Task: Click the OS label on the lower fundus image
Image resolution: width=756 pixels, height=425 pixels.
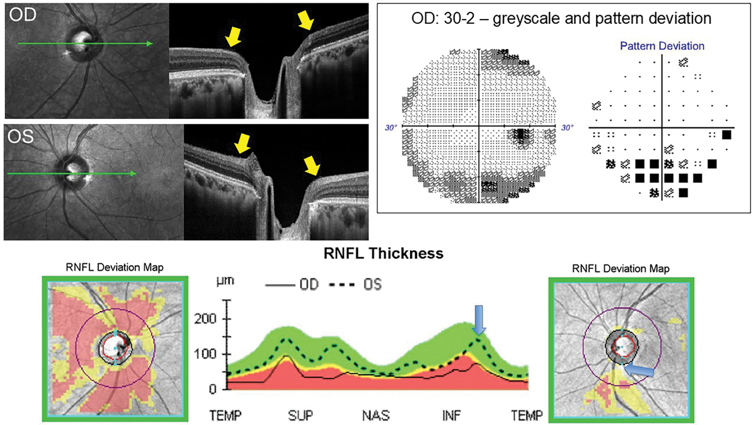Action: [x=20, y=136]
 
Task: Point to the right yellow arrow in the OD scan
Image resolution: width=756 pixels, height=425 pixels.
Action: [x=306, y=22]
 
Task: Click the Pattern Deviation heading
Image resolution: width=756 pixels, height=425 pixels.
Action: [x=662, y=47]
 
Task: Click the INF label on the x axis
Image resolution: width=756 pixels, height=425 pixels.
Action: [x=450, y=416]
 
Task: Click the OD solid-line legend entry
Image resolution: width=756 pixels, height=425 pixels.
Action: [x=296, y=285]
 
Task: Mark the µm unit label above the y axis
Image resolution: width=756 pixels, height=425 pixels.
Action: [x=225, y=281]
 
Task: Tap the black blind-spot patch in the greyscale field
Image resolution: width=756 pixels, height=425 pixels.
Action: [x=521, y=135]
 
